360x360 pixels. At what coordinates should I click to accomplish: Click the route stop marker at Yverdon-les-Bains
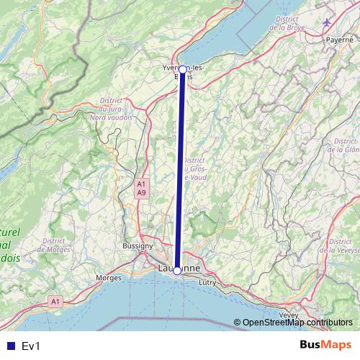point(183,70)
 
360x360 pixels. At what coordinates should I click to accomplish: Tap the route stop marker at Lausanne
point(177,271)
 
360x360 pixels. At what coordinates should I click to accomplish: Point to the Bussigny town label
point(138,246)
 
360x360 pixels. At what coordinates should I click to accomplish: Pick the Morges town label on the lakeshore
point(109,277)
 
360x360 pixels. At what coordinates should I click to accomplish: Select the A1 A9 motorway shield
point(142,189)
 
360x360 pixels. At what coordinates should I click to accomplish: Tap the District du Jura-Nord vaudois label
point(115,110)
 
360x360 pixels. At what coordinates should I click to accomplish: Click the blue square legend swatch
point(9,346)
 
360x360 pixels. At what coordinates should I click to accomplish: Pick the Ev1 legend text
point(31,346)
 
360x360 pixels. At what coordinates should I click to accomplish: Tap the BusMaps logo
point(325,345)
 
